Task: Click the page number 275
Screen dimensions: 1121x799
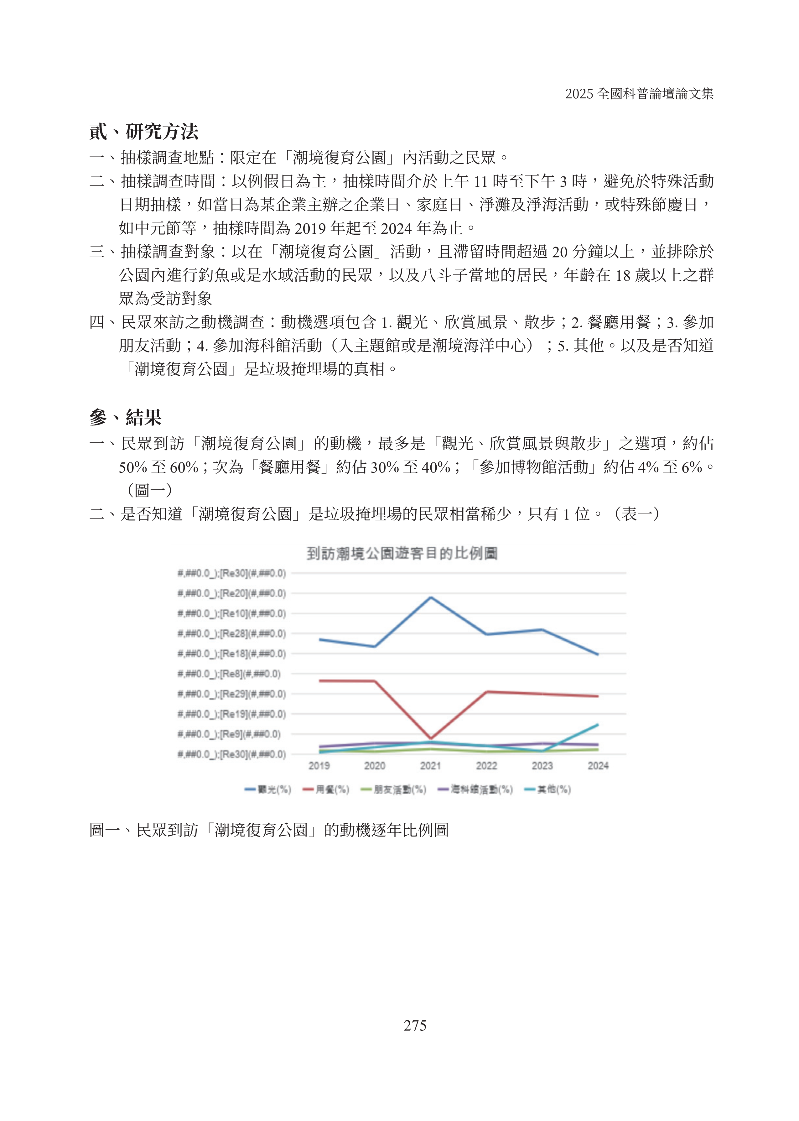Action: click(415, 1025)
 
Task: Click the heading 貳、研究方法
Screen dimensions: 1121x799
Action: click(144, 131)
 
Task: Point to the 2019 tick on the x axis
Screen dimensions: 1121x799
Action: click(319, 766)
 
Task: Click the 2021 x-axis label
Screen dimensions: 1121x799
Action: click(430, 766)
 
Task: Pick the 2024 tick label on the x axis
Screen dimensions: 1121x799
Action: click(598, 766)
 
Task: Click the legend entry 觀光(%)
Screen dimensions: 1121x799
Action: click(268, 789)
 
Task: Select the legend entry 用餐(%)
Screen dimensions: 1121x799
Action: click(326, 789)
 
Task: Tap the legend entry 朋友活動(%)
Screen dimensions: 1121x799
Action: click(394, 789)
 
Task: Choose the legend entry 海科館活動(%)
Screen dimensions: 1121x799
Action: click(475, 789)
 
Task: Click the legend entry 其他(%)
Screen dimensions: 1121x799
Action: click(547, 789)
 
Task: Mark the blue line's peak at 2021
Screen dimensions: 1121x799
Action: click(431, 597)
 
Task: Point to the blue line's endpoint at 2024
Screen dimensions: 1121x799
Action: click(598, 654)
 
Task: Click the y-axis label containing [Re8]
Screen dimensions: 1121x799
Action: click(229, 674)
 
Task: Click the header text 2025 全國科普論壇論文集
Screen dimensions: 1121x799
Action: click(639, 93)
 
